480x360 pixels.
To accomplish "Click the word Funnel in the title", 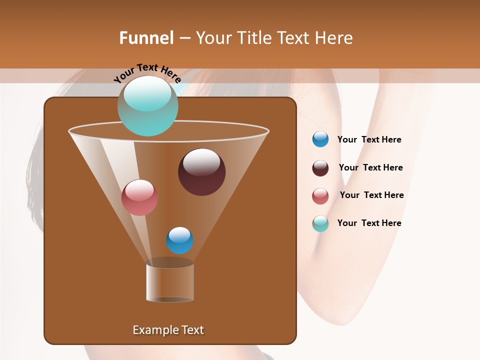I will tap(146, 38).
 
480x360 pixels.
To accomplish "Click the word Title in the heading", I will tap(254, 38).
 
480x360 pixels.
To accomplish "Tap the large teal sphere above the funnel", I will tap(147, 106).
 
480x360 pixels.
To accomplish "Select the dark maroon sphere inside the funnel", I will tap(201, 172).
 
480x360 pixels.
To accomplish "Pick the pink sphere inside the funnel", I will tap(139, 197).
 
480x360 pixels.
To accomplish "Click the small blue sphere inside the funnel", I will tap(179, 240).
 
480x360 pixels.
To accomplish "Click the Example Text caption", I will tap(168, 330).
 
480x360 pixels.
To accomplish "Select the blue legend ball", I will tap(320, 139).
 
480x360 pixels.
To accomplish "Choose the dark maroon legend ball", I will tap(320, 168).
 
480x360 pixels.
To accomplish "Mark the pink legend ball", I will tap(320, 196).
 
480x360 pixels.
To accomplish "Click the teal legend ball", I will tap(320, 223).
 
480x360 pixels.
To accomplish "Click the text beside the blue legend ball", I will tap(369, 140).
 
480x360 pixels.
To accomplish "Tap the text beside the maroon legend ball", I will tap(370, 168).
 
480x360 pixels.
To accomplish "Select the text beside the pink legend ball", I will tap(371, 195).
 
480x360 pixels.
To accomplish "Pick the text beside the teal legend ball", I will tap(369, 223).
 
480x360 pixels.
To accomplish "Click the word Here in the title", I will tap(334, 38).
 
